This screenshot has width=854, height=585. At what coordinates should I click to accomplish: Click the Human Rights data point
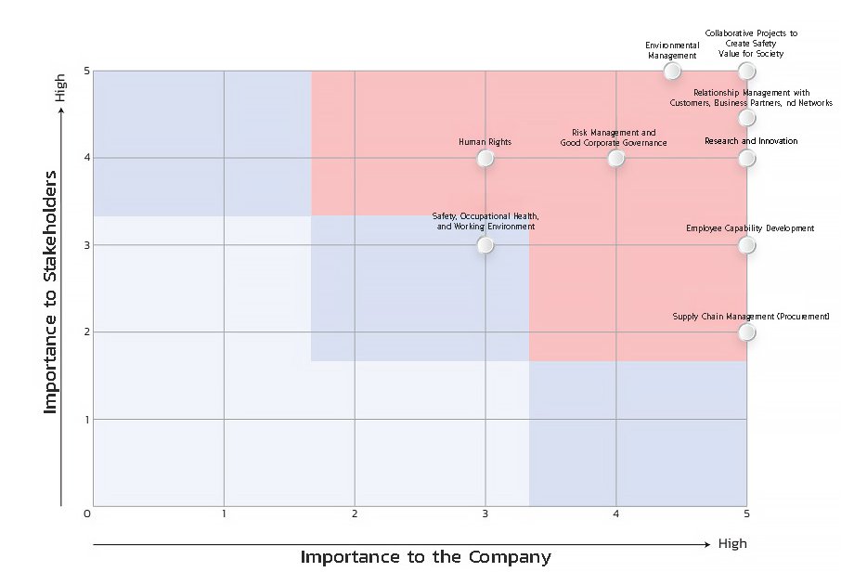[x=485, y=158]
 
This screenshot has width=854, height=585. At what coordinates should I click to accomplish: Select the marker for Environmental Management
[x=672, y=71]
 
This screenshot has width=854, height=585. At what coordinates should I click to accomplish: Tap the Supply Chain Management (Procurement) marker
[x=746, y=331]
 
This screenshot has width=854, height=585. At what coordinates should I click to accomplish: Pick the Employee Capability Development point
[x=746, y=245]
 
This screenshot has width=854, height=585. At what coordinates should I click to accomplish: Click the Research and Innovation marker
[x=746, y=158]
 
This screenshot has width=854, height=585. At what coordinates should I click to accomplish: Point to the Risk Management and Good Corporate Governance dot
[x=615, y=158]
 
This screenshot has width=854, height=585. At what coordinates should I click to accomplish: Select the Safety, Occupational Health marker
[x=485, y=245]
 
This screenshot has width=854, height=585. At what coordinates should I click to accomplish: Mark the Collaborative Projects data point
[x=746, y=71]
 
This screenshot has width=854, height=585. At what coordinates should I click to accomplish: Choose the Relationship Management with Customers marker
[x=746, y=117]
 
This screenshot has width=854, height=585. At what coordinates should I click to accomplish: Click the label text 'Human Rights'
[x=485, y=142]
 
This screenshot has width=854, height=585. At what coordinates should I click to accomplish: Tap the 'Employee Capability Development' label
[x=750, y=228]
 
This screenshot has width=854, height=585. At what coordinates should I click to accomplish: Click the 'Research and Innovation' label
[x=751, y=141]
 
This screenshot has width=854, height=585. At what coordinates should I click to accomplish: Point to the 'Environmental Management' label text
[x=672, y=50]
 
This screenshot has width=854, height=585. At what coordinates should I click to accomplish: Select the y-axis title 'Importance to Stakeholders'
[x=50, y=292]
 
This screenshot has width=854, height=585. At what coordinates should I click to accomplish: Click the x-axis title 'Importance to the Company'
[x=426, y=557]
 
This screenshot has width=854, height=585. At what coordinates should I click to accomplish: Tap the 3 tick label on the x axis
[x=485, y=513]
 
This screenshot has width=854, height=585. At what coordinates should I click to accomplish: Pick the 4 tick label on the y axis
[x=86, y=158]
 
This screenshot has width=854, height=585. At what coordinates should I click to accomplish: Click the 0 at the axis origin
[x=86, y=513]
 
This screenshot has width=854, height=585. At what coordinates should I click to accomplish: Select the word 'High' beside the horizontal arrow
[x=732, y=543]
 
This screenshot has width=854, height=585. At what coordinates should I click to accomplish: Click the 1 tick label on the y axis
[x=86, y=420]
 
